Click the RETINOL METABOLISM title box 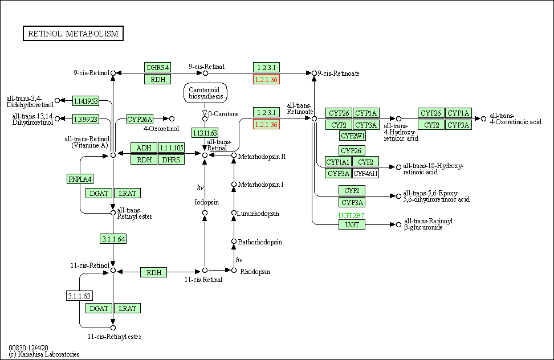coord(73,34)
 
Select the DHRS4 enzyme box coord(158,67)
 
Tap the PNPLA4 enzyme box coord(80,179)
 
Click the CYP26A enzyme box coord(140,119)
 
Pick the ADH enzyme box coord(144,148)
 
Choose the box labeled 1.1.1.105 coord(172,148)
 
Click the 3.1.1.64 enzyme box coord(113,239)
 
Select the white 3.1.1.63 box coord(79,296)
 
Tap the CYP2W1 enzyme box coord(353,136)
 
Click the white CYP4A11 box coord(365,173)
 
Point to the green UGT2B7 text coord(351,216)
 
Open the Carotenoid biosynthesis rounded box coord(205,93)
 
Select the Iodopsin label coord(206,202)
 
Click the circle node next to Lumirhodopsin coord(234,214)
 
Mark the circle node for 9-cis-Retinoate coord(314,73)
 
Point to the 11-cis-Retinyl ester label coord(115,337)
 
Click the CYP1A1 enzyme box coord(338,162)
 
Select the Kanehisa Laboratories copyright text coord(44,354)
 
